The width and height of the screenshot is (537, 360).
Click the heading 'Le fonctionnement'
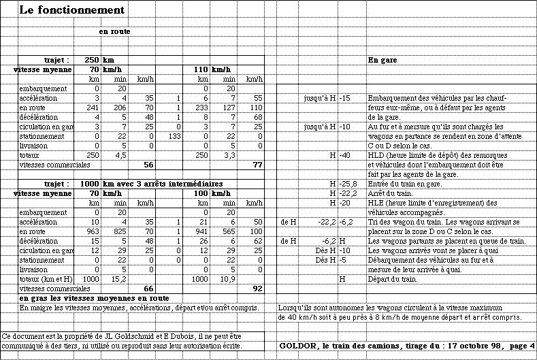tap(72, 10)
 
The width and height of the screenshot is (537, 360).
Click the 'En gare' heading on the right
tap(383, 60)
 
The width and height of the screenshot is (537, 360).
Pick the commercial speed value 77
tap(257, 165)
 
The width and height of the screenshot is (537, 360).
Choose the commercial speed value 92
tap(257, 289)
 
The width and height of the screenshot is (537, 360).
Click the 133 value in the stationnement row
tap(173, 136)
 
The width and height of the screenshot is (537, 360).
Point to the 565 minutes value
tap(229, 231)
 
